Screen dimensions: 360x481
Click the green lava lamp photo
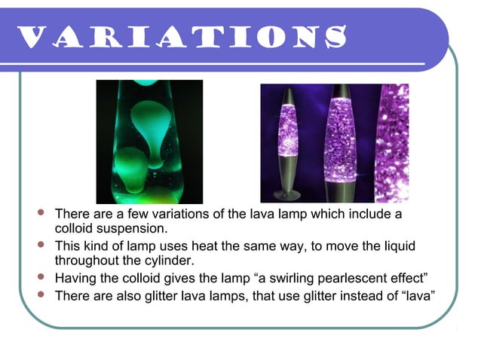149,142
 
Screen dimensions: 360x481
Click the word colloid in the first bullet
75,228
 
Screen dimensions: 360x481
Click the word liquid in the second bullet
396,247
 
